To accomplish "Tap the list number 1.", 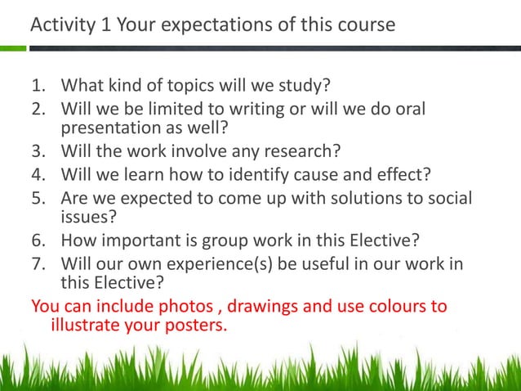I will click(x=38, y=87).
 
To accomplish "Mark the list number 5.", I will click(x=38, y=199).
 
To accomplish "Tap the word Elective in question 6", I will click(x=385, y=240).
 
